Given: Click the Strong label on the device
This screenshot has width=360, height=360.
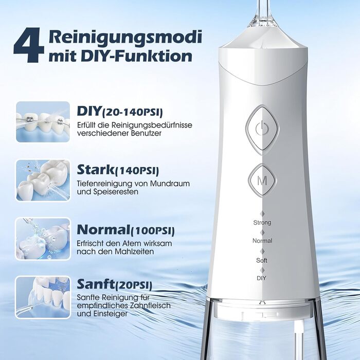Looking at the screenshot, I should [262, 223].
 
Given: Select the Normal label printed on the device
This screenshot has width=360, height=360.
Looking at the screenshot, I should [262, 241].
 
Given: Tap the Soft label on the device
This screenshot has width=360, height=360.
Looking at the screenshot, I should [262, 260].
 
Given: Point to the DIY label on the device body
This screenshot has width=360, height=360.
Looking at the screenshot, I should [262, 278].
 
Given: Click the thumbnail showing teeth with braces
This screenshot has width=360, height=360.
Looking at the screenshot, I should [43, 121].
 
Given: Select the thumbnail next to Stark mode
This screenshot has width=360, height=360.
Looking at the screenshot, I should [43, 180].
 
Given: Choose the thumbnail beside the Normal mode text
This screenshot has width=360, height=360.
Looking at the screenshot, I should [43, 239].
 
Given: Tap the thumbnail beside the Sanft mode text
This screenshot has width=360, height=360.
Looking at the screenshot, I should [43, 297].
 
